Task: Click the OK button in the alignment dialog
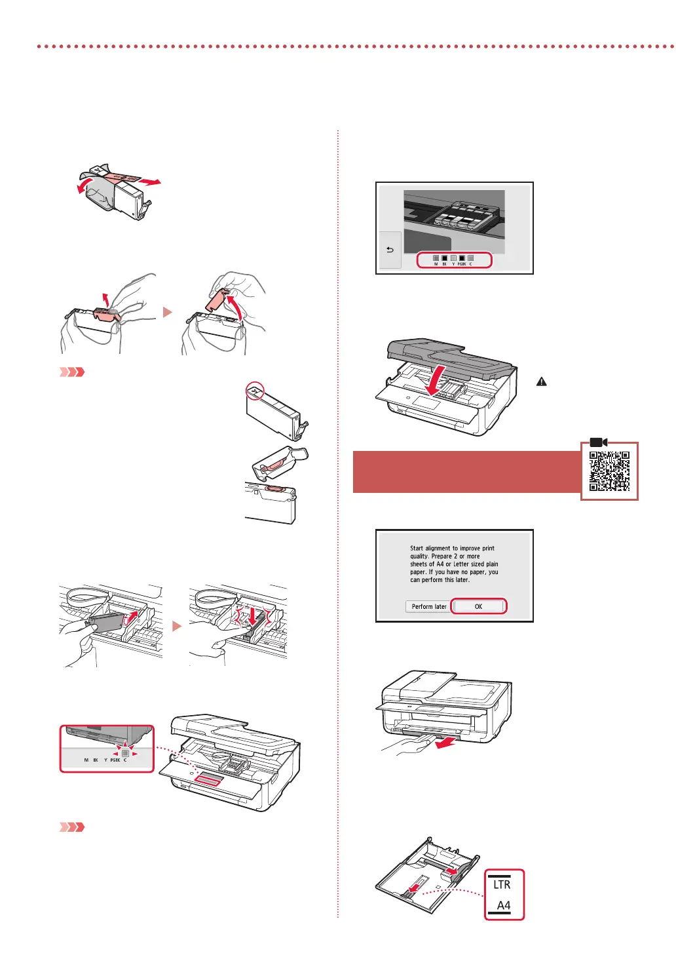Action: click(478, 606)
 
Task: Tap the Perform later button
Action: click(429, 606)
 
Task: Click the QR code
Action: click(609, 471)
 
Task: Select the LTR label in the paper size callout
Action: click(502, 884)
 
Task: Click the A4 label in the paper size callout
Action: click(503, 905)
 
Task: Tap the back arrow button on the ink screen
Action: click(390, 250)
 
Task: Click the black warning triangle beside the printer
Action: click(542, 381)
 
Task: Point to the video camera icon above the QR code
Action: click(598, 442)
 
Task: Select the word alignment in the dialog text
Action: click(438, 548)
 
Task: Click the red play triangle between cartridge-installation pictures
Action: click(176, 627)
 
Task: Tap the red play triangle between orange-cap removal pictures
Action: click(168, 312)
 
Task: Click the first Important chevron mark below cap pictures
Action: click(72, 372)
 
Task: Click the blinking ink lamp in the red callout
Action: click(125, 753)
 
